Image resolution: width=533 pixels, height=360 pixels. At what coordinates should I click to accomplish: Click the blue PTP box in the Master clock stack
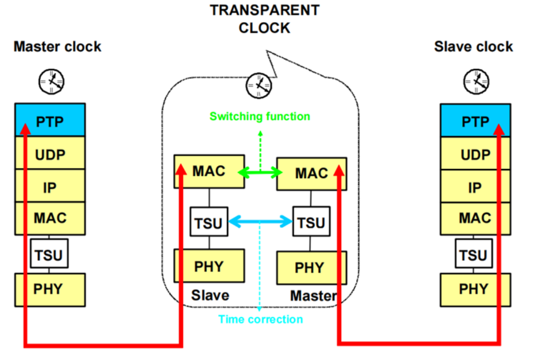(50, 120)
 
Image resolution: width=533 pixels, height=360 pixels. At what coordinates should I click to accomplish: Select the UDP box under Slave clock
(475, 154)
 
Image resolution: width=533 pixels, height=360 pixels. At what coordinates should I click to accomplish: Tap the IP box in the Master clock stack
(50, 187)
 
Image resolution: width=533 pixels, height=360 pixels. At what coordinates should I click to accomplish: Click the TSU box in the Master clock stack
(49, 255)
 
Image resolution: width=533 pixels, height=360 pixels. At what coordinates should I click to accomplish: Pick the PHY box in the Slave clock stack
(475, 289)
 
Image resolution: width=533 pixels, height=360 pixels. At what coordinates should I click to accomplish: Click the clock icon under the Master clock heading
(51, 80)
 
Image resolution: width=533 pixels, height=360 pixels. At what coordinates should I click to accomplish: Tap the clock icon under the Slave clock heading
(476, 80)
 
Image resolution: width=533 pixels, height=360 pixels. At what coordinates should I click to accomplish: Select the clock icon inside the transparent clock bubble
(259, 85)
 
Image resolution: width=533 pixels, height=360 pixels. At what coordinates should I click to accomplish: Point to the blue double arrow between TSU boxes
(260, 221)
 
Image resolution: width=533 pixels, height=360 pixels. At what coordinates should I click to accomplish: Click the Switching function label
(259, 116)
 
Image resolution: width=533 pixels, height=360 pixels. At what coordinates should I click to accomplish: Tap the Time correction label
(260, 320)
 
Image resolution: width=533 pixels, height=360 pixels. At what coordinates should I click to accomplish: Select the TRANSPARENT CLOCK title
(264, 19)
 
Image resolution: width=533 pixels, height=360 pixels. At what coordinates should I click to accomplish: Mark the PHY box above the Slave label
(209, 266)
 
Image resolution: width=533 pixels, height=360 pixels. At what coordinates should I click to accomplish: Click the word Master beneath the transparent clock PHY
(313, 296)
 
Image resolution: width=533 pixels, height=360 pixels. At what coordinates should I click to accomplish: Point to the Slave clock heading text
(473, 47)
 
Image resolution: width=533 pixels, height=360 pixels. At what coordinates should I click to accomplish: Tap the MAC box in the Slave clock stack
(475, 218)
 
